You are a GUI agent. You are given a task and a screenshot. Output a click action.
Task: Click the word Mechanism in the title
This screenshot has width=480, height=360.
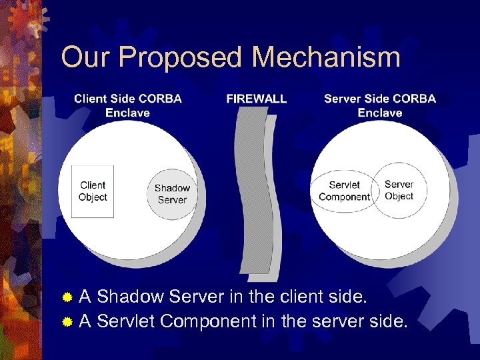(x=326, y=57)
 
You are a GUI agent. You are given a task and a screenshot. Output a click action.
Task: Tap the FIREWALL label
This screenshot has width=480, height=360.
(x=257, y=99)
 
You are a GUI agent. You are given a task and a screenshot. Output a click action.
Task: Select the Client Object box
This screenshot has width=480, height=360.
(x=93, y=191)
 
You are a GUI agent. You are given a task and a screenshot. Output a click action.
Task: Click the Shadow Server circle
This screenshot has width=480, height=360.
(x=172, y=193)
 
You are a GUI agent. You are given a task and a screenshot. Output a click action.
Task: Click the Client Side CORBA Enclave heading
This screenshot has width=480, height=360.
(x=128, y=105)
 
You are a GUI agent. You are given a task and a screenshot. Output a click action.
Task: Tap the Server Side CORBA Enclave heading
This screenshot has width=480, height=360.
(x=379, y=105)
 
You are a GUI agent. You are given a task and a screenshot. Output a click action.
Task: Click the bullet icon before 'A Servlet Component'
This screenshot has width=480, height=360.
(x=67, y=322)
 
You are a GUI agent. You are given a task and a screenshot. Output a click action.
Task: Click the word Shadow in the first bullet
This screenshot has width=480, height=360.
(x=131, y=296)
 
